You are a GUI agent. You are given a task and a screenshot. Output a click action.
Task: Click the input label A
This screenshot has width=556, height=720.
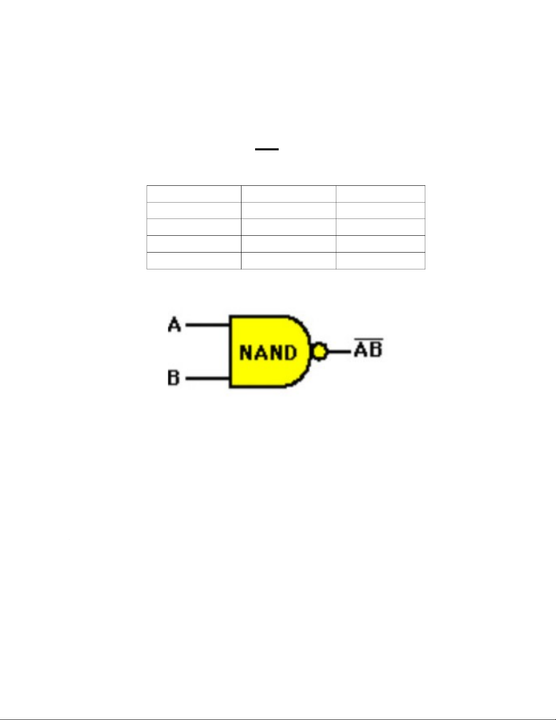click(174, 325)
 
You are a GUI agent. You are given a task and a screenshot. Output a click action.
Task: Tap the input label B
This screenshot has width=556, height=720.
click(173, 378)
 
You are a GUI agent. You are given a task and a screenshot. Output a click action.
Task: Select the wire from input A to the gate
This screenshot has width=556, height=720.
click(207, 325)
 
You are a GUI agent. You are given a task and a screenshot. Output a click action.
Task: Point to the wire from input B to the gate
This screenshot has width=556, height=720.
click(207, 378)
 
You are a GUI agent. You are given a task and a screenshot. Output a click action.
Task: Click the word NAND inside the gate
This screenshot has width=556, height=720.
click(268, 353)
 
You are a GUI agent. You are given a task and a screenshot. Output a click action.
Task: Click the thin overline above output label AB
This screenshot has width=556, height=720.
click(368, 339)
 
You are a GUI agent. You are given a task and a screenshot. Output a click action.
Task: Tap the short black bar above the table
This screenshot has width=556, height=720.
click(266, 149)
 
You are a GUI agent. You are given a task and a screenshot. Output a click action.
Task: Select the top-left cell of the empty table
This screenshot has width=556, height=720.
click(194, 194)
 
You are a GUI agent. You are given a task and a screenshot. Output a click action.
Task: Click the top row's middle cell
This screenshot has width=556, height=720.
click(288, 194)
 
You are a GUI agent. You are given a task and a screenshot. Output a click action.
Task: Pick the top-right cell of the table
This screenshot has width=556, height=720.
click(380, 194)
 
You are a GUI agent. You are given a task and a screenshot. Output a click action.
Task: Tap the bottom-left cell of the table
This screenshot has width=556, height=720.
click(194, 261)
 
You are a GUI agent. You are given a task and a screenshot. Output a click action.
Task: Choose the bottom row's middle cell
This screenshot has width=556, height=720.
click(288, 261)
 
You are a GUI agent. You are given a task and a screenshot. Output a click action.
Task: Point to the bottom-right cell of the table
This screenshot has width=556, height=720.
click(380, 261)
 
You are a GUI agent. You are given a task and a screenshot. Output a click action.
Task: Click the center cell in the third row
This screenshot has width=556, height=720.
click(288, 227)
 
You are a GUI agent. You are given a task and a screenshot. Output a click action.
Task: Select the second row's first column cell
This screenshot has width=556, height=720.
click(194, 210)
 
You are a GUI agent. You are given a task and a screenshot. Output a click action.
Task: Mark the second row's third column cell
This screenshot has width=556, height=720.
click(380, 210)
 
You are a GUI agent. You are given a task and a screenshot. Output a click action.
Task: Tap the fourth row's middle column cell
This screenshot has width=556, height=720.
click(288, 244)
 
